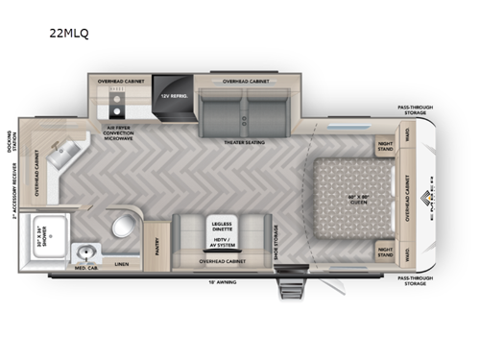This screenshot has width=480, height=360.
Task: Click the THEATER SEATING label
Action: [x=245, y=142]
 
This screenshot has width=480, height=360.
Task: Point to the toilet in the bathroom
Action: [x=123, y=227]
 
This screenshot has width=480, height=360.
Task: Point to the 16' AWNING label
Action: [x=223, y=282]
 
